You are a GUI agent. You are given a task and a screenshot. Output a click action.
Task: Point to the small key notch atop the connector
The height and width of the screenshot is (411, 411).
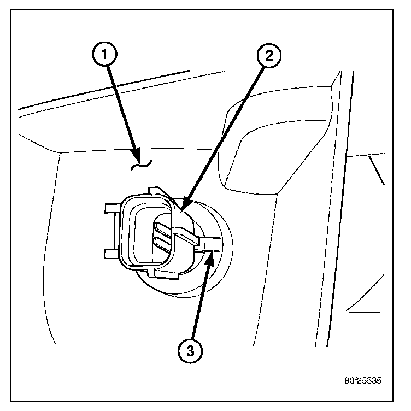156,191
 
